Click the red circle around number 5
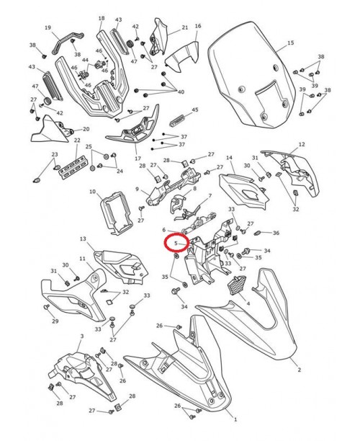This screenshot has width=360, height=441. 175,243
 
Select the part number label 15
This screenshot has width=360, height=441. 291,44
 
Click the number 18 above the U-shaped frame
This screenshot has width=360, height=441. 101,19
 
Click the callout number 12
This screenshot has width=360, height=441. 302,144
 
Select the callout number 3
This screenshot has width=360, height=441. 81,336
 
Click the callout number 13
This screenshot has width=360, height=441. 83,239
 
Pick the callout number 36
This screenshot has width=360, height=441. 276,233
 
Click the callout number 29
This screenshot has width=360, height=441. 55,321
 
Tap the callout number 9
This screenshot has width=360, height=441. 137,190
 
